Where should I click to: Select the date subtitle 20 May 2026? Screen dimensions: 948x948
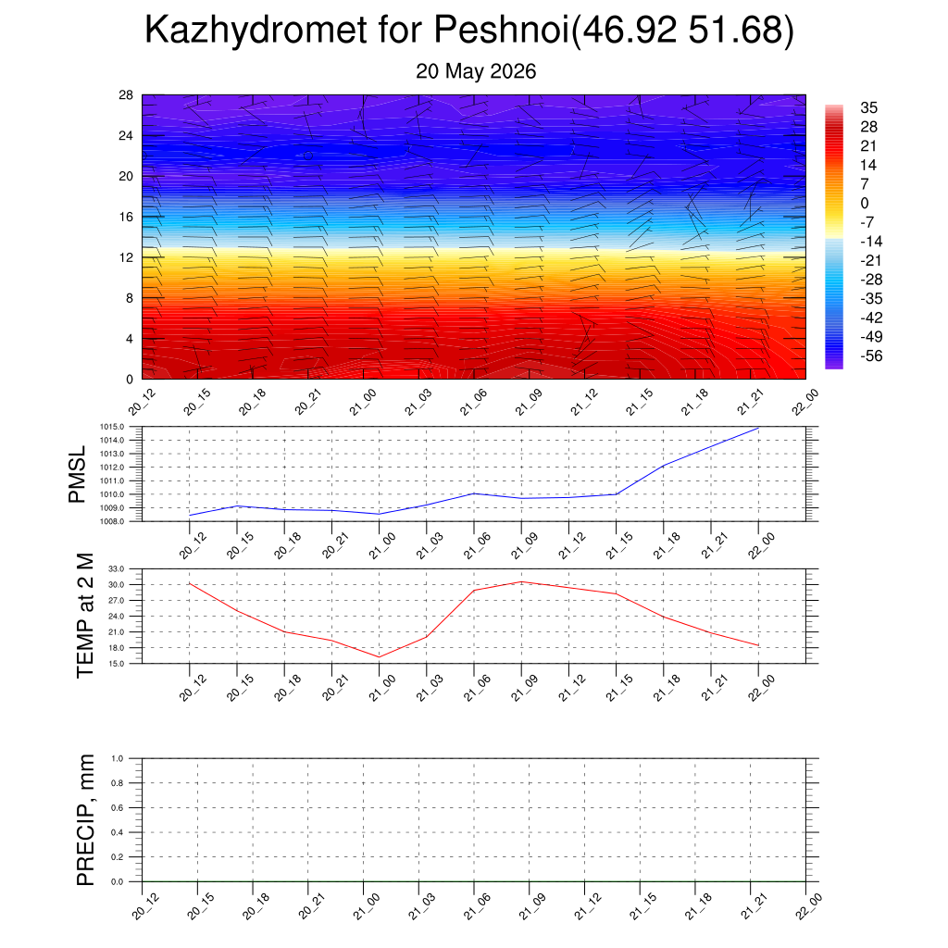476,71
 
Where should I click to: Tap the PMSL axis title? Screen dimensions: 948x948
78,475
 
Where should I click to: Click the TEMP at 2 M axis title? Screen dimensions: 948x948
85,616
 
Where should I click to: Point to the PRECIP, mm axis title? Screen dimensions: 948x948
85,820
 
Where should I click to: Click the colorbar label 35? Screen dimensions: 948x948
868,107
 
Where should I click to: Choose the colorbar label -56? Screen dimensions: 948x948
871,355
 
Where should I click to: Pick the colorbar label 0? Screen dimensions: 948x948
865,203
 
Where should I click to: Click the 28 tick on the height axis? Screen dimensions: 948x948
126,95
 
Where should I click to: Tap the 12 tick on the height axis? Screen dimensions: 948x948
126,257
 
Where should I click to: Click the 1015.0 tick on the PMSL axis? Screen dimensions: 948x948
112,427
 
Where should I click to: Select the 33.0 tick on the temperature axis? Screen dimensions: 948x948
117,569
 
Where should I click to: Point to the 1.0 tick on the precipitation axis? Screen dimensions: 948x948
118,759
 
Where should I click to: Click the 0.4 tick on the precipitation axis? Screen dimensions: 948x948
118,832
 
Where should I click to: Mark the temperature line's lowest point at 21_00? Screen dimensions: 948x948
379,656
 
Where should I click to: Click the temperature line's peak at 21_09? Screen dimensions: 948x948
521,581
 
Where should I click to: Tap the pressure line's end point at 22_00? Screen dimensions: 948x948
758,428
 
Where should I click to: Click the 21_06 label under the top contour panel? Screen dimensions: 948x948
473,402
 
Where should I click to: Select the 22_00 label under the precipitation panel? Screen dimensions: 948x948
808,907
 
